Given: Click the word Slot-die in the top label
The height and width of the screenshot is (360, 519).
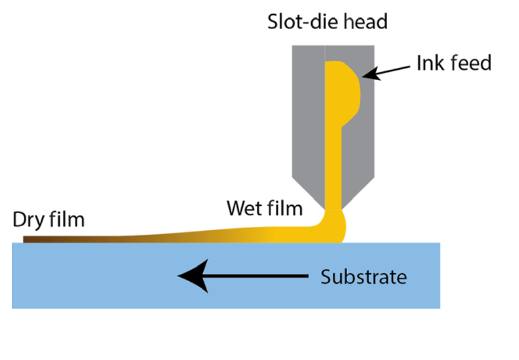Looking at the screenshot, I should tap(297, 22).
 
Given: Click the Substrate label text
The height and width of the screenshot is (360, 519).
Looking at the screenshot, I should tap(363, 277).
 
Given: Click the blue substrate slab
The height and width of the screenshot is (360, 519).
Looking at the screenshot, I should tap(114, 286).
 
